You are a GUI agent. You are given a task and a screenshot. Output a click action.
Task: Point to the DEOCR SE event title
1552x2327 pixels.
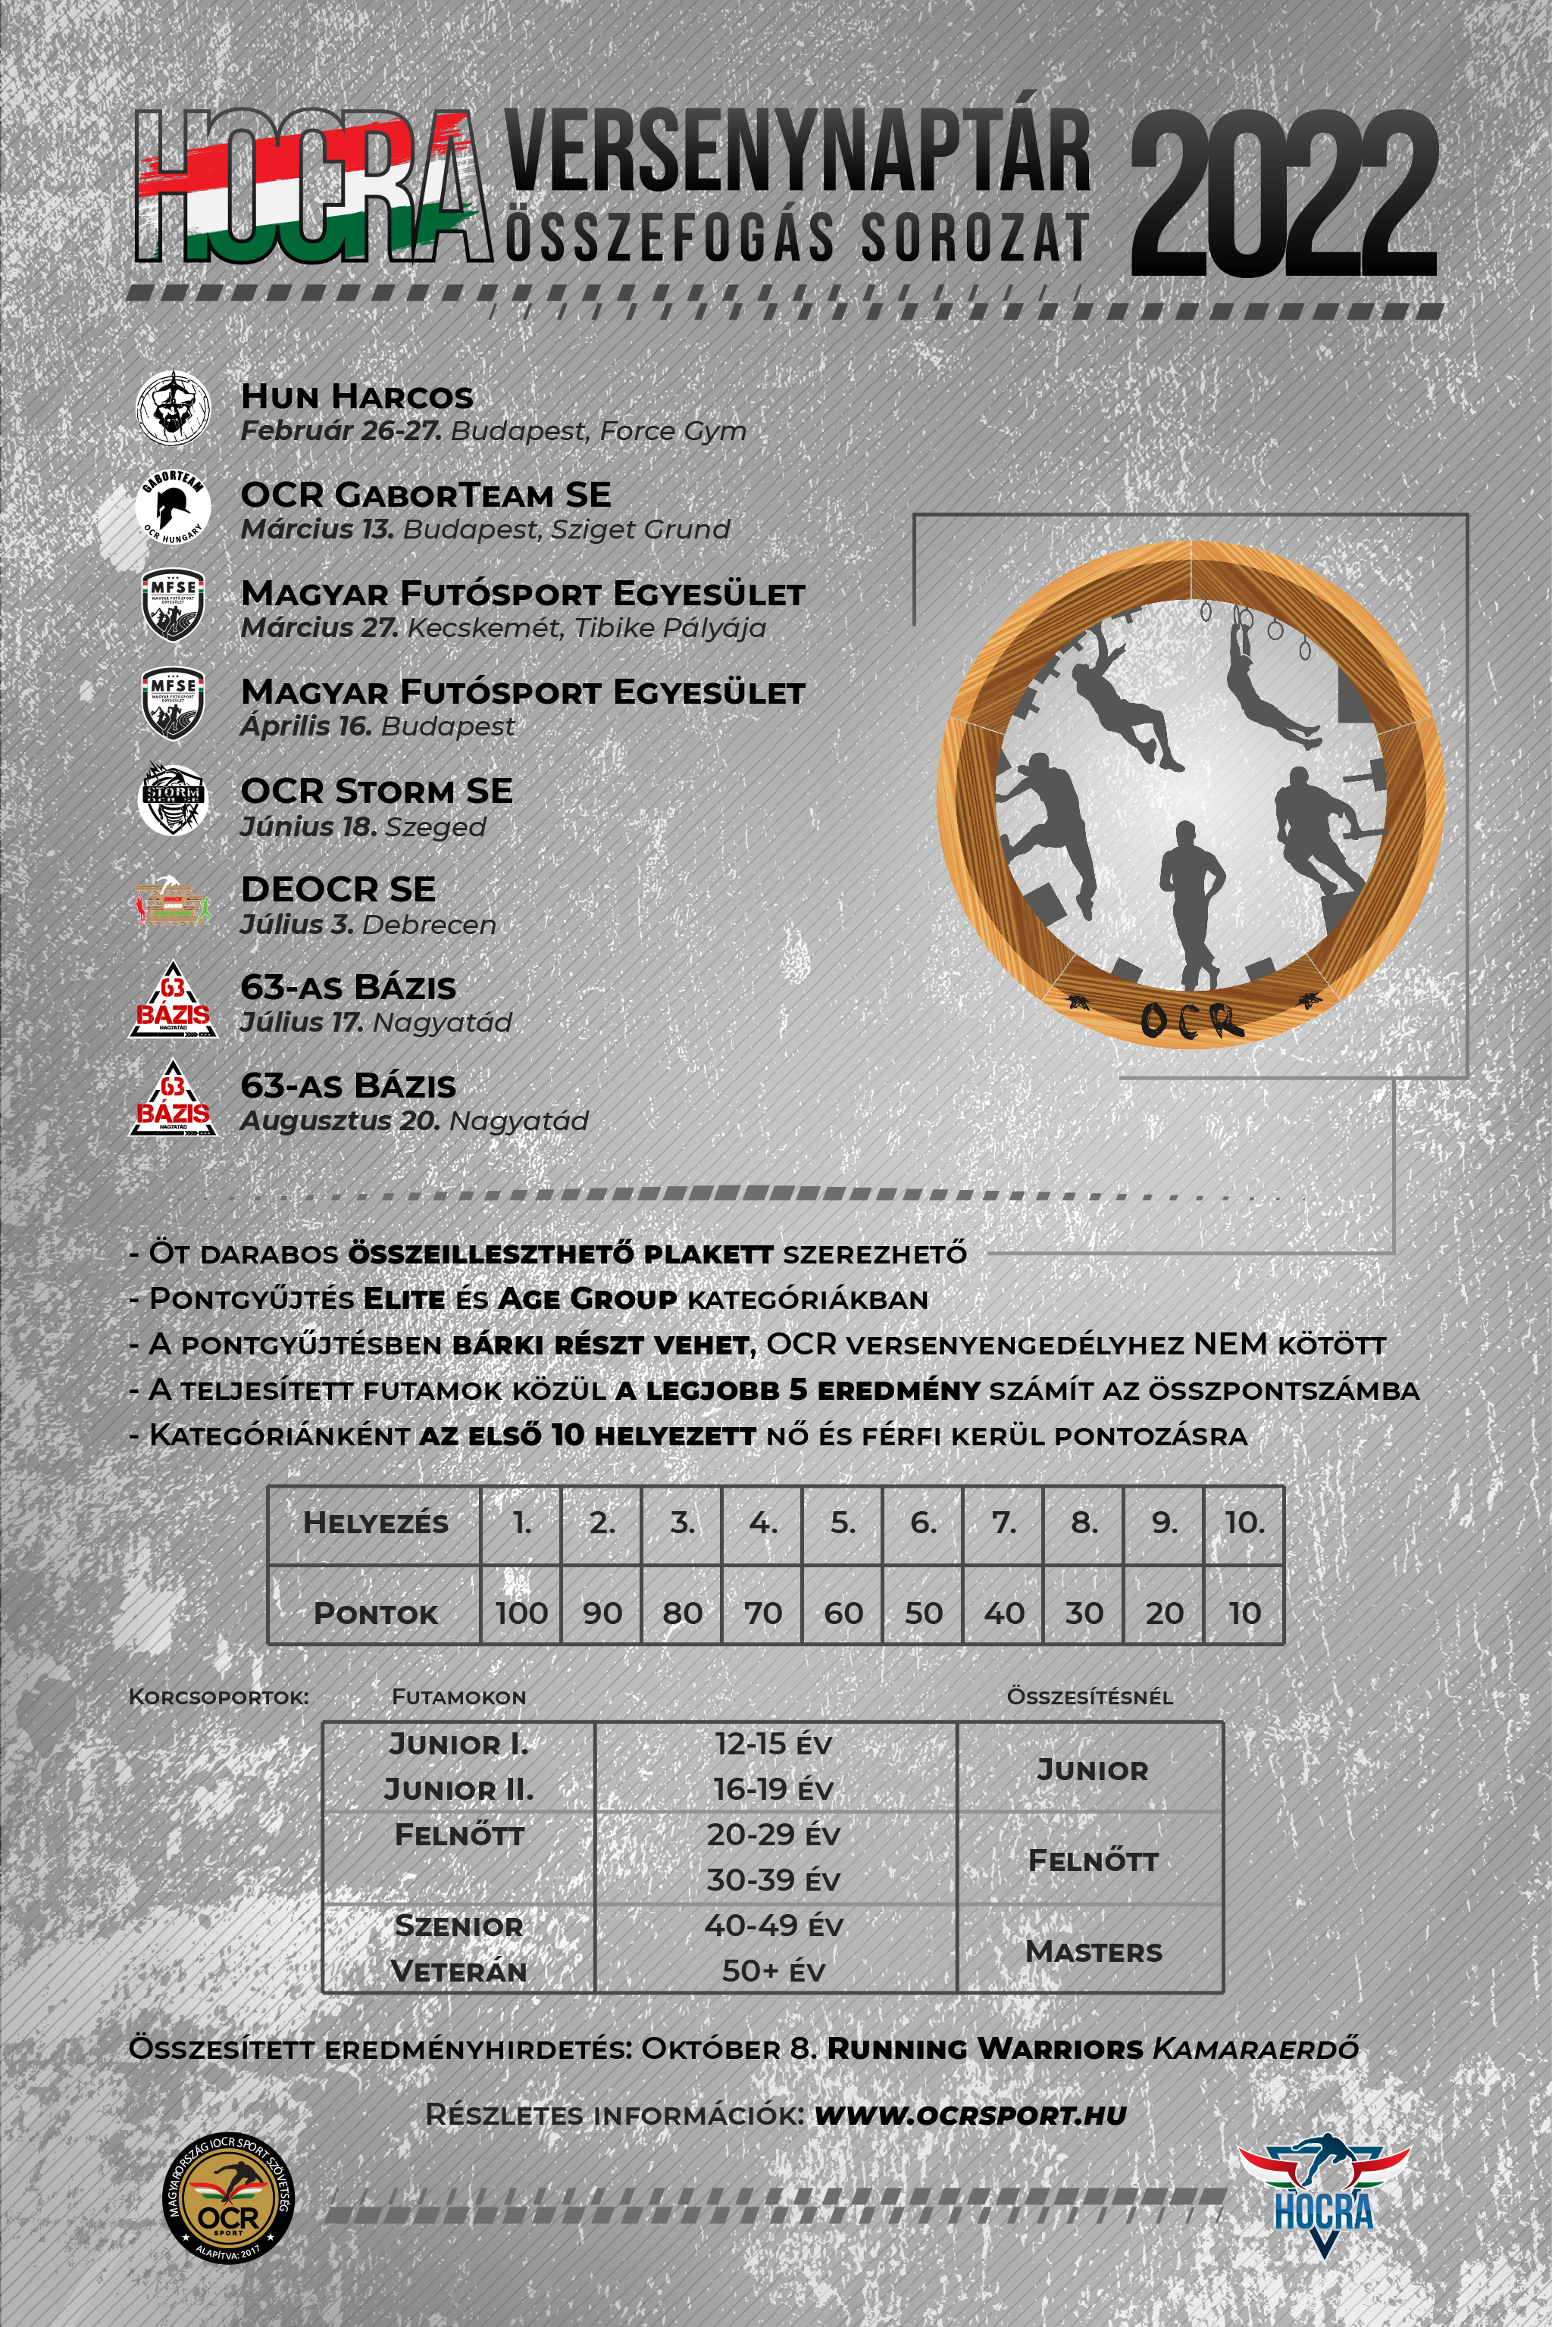pyautogui.click(x=337, y=889)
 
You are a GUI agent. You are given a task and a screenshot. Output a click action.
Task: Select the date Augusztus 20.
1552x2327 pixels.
pyautogui.click(x=339, y=1121)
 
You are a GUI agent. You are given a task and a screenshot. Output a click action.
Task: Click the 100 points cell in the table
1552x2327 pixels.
pyautogui.click(x=521, y=1613)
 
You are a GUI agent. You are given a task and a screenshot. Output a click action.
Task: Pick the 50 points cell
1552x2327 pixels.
pyautogui.click(x=924, y=1613)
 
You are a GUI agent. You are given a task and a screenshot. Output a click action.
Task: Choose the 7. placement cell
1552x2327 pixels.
pyautogui.click(x=1003, y=1523)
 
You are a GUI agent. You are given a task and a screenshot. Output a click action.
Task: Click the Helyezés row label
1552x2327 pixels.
pyautogui.click(x=375, y=1523)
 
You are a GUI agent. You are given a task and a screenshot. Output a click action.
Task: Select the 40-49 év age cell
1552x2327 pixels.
pyautogui.click(x=773, y=1926)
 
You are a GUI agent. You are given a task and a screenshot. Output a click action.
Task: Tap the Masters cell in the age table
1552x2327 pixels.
pyautogui.click(x=1093, y=1952)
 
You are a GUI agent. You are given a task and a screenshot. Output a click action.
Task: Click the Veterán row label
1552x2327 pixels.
pyautogui.click(x=458, y=1972)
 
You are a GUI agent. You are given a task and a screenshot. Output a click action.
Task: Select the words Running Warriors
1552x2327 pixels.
pyautogui.click(x=985, y=2049)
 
